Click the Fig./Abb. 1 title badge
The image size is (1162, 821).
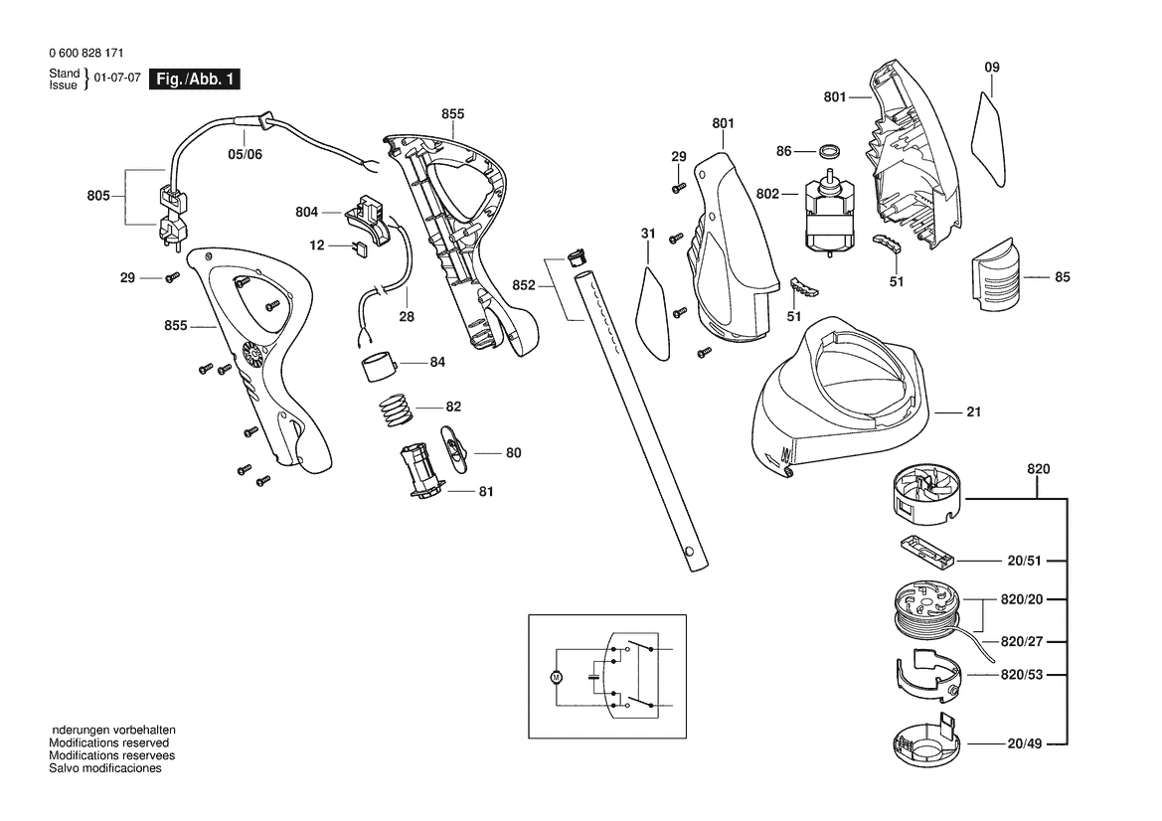pos(194,81)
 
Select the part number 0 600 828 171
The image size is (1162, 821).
pos(85,54)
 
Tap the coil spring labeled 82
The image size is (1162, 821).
pos(395,409)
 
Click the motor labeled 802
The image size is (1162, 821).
pos(828,219)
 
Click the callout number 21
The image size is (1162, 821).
pos(973,411)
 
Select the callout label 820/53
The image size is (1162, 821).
pos(1024,675)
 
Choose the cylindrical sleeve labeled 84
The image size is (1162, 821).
pos(378,366)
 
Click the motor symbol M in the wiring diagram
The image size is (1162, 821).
pos(556,677)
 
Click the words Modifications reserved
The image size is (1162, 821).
pos(109,742)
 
